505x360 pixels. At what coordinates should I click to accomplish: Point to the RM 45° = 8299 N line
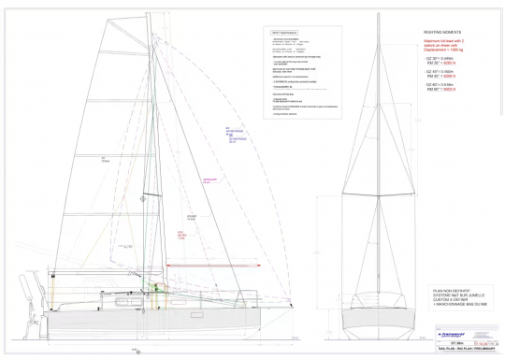tap(444, 76)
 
